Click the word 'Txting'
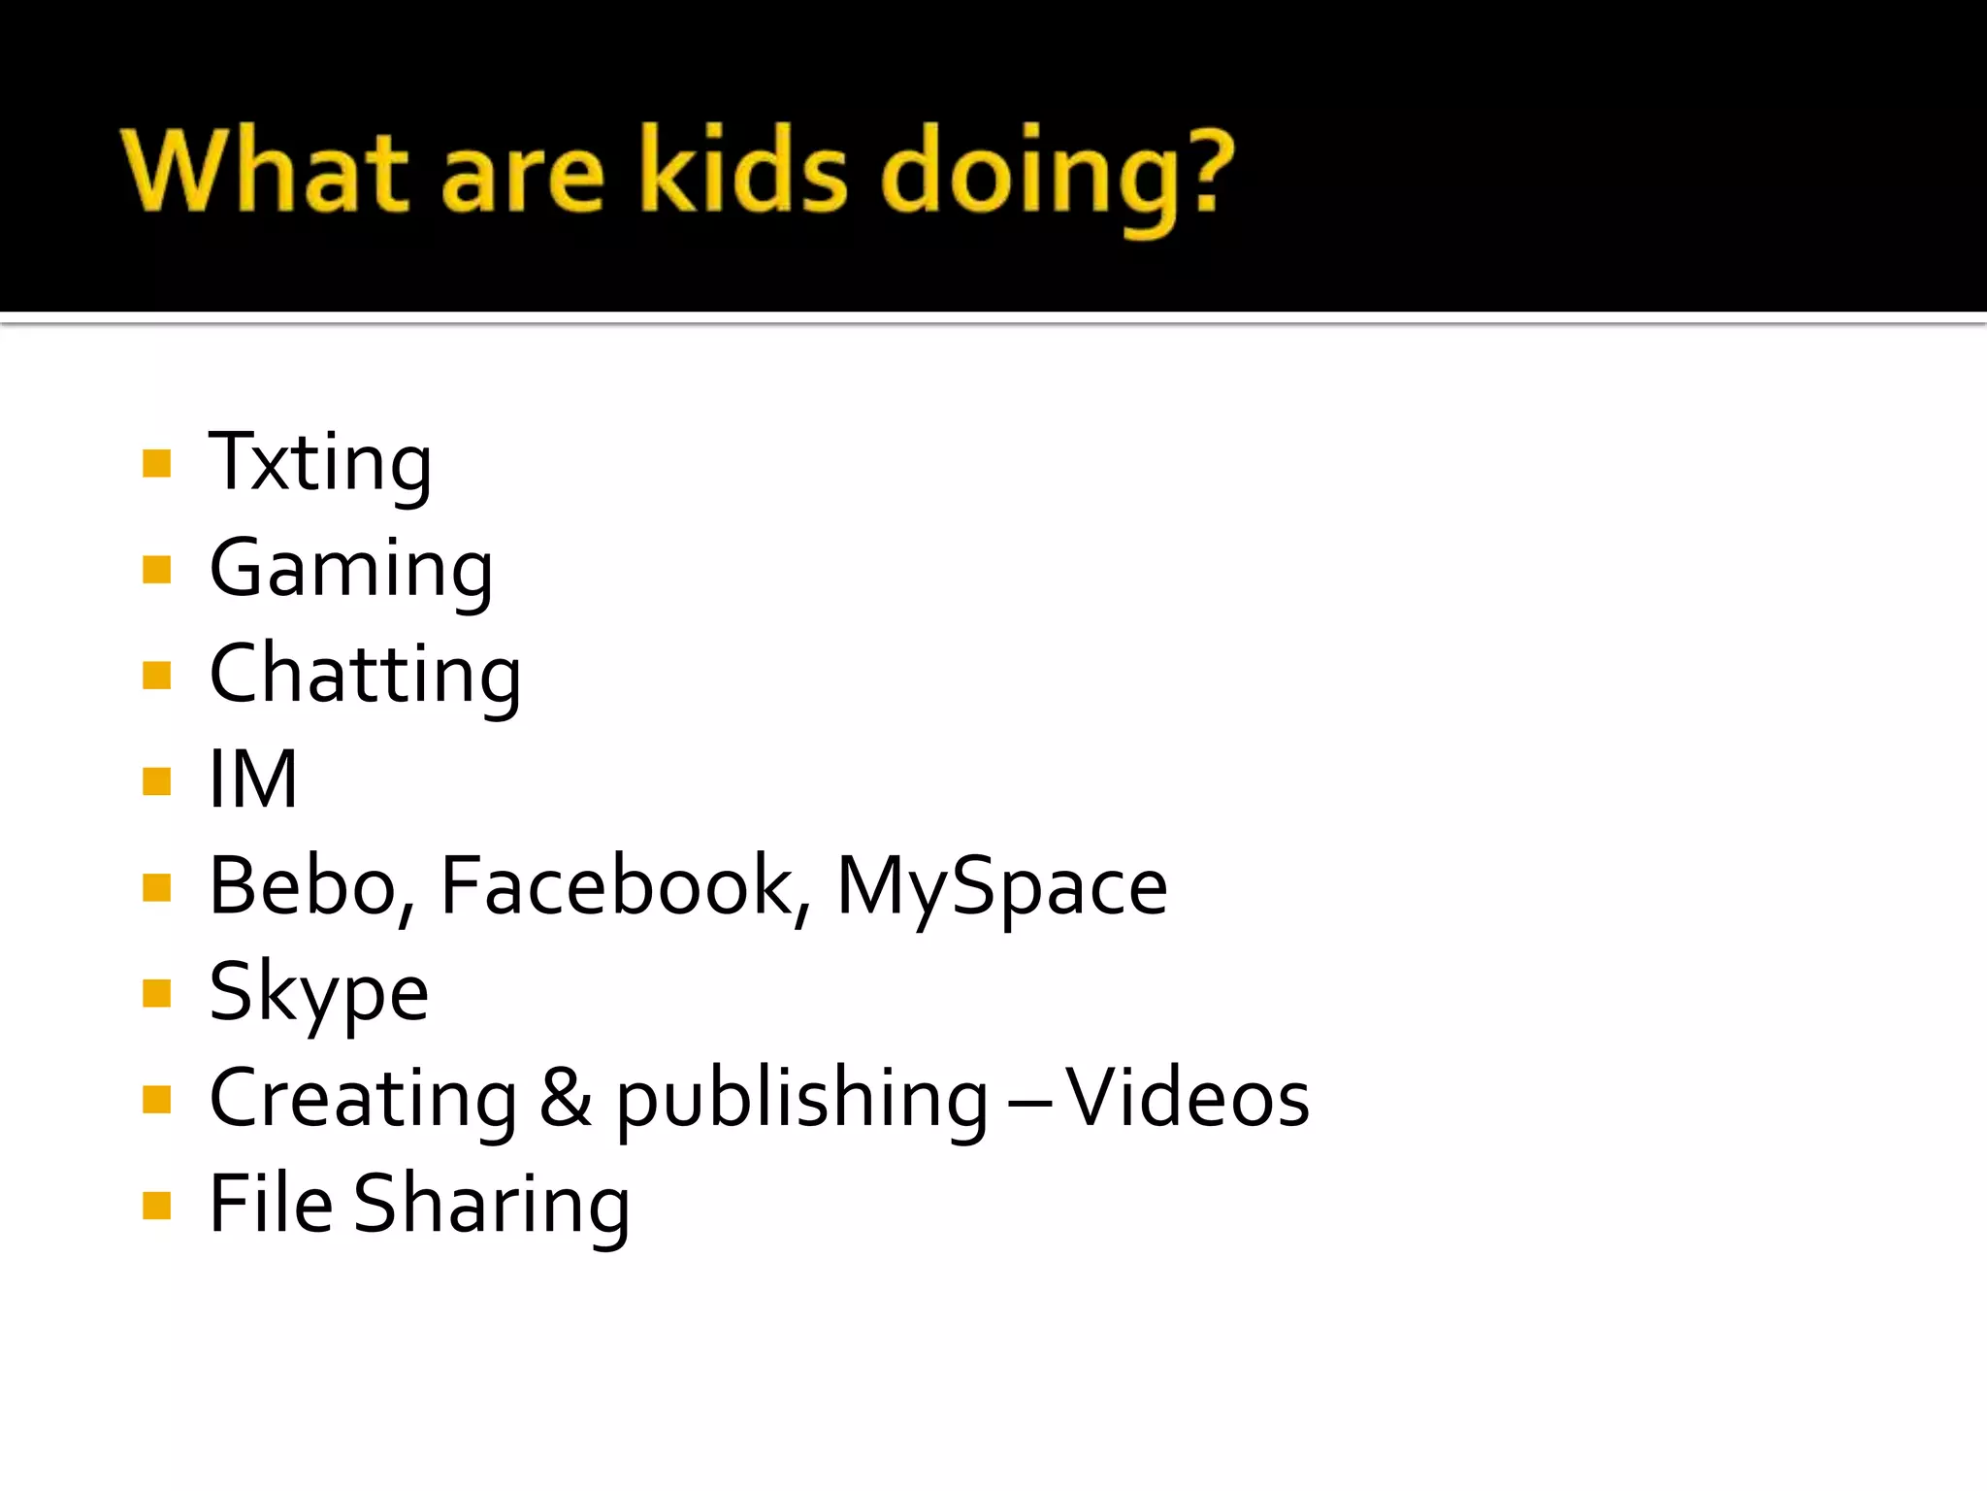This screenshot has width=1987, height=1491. tap(320, 462)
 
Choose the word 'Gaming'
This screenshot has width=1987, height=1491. tap(351, 569)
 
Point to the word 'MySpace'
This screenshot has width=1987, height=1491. tap(1001, 886)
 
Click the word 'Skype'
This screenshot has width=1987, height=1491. tap(318, 992)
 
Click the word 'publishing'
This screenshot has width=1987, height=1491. tap(801, 1099)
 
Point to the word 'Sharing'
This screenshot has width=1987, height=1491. tap(491, 1205)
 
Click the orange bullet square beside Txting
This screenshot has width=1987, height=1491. tap(156, 463)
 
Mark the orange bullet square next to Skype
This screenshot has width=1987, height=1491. tap(156, 993)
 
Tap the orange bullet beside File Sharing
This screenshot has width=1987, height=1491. tap(156, 1205)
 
